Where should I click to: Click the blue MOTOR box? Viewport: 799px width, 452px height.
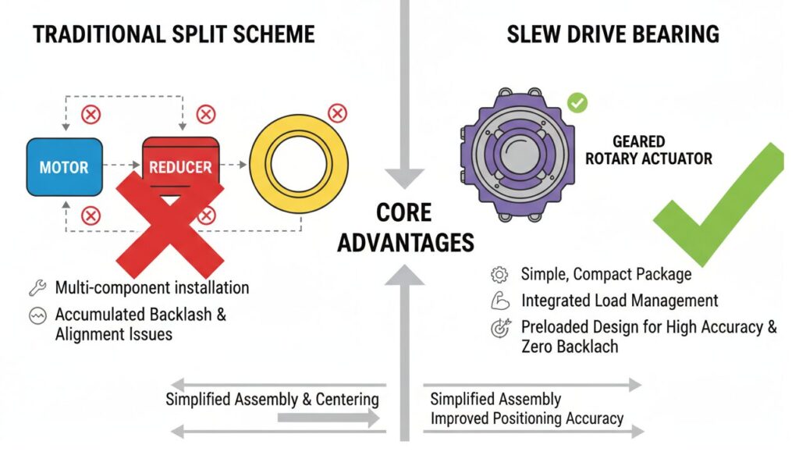(x=64, y=166)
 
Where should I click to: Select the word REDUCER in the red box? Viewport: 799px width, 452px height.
(x=180, y=167)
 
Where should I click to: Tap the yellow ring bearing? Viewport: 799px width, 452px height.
(x=288, y=165)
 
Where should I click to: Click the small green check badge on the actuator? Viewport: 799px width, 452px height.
(x=577, y=102)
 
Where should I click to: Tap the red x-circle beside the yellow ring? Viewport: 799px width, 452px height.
(x=337, y=114)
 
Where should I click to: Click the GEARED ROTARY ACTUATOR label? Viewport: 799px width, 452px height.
(x=649, y=150)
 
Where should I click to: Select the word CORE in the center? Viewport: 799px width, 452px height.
(x=405, y=213)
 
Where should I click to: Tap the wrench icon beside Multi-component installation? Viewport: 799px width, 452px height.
(x=37, y=287)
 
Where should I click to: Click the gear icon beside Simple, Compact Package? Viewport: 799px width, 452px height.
(x=499, y=275)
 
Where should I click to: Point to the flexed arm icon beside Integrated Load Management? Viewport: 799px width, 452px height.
(x=499, y=301)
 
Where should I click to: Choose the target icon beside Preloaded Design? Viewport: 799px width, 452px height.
(x=499, y=328)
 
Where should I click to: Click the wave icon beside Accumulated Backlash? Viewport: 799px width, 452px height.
(x=37, y=316)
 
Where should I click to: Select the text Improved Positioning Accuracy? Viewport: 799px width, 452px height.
(x=527, y=418)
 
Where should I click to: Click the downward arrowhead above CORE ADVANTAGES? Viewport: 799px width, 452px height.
(x=405, y=176)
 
